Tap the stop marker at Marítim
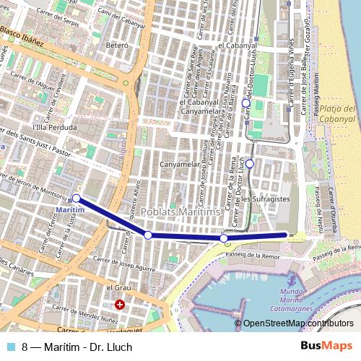point(77,198)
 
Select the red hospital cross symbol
point(120,305)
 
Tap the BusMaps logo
point(327,346)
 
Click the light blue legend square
point(13,347)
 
